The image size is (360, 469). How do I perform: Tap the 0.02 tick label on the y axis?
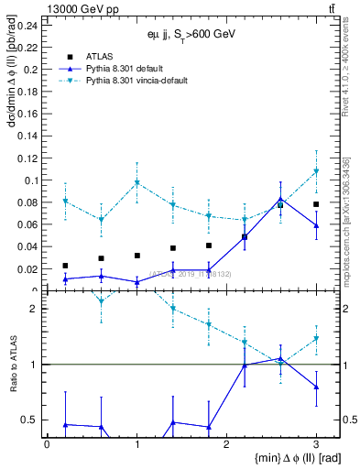pyautogui.click(x=29, y=269)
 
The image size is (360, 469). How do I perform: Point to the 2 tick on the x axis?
pyautogui.click(x=226, y=442)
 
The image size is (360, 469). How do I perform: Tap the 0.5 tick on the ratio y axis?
pyautogui.click(x=32, y=420)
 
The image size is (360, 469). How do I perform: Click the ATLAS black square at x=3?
pyautogui.click(x=316, y=204)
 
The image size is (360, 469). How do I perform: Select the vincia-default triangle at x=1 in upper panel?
pyautogui.click(x=136, y=182)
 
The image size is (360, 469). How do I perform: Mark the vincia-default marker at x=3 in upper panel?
pyautogui.click(x=316, y=171)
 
